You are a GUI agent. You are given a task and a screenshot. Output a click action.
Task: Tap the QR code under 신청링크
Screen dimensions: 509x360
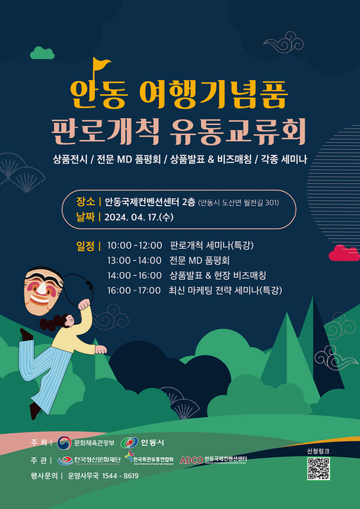click(318, 468)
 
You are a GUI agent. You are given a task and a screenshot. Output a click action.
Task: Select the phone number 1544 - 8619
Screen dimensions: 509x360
click(121, 476)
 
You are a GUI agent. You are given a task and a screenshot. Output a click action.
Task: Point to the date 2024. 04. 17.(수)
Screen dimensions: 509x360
click(139, 217)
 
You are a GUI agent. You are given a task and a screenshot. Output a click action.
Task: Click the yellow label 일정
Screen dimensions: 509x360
click(88, 246)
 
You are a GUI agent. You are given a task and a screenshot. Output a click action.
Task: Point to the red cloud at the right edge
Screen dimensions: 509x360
click(344, 252)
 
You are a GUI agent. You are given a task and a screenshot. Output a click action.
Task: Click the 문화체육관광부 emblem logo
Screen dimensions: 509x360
click(64, 442)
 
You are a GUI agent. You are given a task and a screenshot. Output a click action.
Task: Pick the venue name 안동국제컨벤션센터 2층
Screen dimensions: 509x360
click(150, 201)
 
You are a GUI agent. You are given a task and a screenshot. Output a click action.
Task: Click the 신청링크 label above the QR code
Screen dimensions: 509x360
click(318, 450)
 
